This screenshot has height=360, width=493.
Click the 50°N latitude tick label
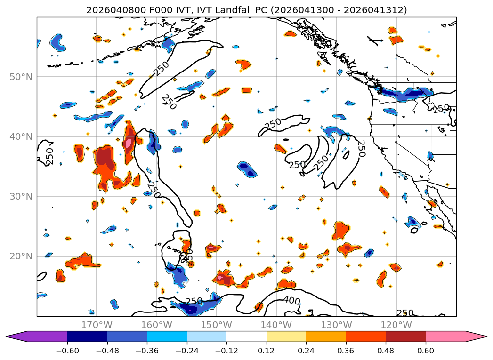[x=21, y=77]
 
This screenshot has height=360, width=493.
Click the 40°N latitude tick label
[x=21, y=136]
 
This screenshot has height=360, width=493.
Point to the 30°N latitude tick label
[x=21, y=196]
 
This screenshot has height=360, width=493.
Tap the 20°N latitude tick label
[x=21, y=256]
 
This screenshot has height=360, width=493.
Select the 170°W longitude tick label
[x=97, y=325]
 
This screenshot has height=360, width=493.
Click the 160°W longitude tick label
[x=156, y=325]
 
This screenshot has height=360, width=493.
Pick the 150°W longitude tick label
[x=216, y=325]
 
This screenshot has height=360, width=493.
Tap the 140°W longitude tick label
[x=276, y=325]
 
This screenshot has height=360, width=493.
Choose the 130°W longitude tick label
[x=336, y=325]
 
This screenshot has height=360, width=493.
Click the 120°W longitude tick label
[x=396, y=325]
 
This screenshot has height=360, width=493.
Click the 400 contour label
[x=291, y=300]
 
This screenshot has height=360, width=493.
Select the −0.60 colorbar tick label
[x=67, y=351]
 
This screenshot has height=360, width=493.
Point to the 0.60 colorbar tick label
[x=426, y=351]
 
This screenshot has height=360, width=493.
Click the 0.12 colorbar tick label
[x=267, y=351]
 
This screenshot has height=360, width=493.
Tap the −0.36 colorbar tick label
[x=147, y=351]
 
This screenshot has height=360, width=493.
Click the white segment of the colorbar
[x=246, y=336]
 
